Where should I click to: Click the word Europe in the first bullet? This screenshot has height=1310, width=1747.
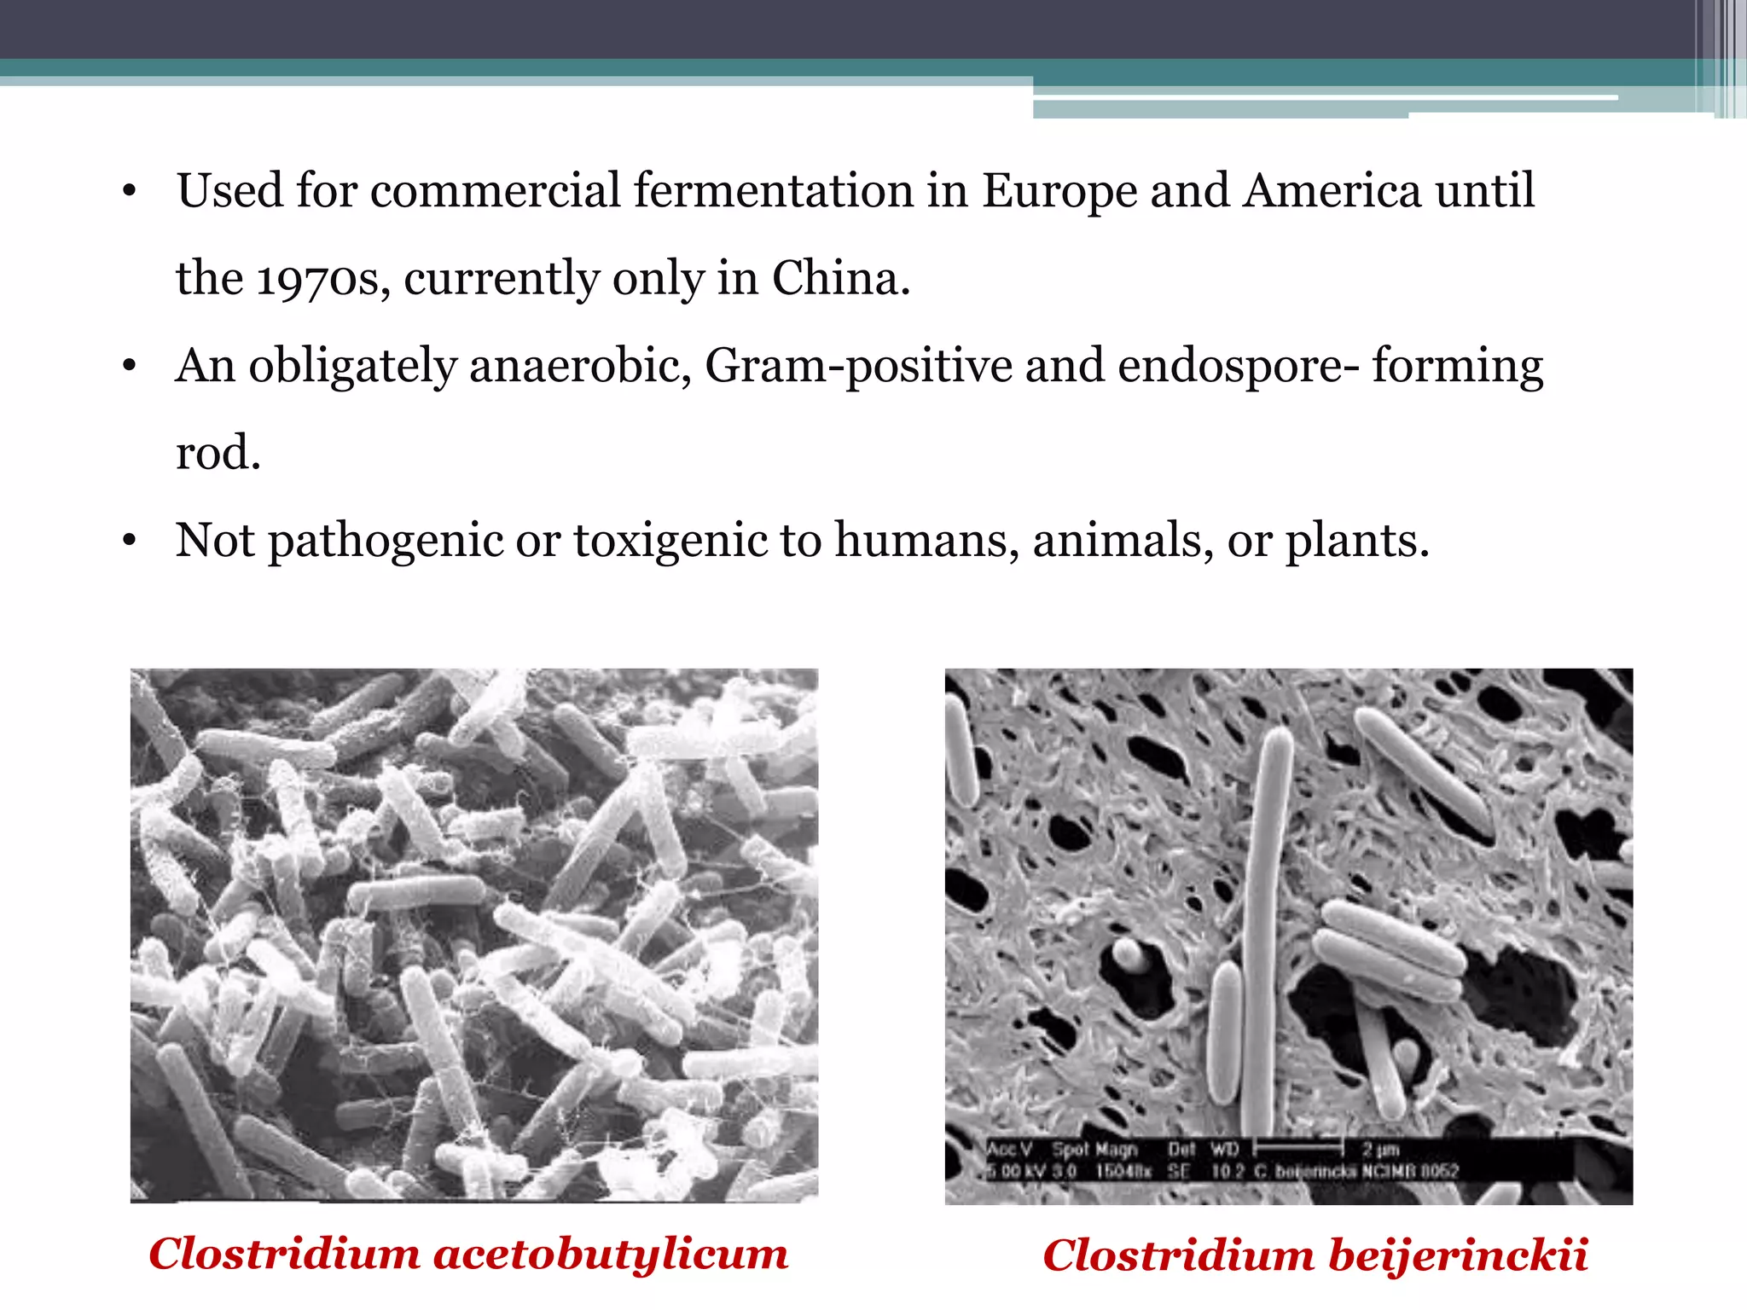click(x=1059, y=191)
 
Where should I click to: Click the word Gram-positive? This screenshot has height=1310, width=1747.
click(x=857, y=367)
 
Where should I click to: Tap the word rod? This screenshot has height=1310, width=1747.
click(x=217, y=452)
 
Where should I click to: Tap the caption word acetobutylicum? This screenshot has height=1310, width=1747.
click(x=611, y=1255)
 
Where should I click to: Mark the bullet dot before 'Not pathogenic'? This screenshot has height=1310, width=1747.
click(x=130, y=541)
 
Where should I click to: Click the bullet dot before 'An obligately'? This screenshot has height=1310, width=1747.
click(x=130, y=367)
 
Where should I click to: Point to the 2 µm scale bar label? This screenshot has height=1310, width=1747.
click(x=1379, y=1149)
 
